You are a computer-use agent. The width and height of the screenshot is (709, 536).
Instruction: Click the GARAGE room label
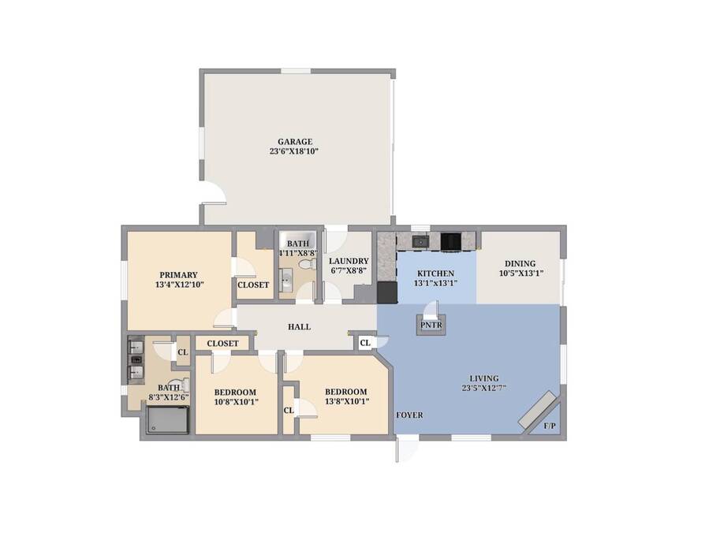[x=295, y=141]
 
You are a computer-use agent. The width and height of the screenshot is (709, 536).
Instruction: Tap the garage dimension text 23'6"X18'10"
[x=294, y=151]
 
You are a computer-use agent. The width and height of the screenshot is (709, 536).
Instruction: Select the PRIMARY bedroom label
[x=178, y=275]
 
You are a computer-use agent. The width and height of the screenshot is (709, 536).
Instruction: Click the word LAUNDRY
[x=349, y=261]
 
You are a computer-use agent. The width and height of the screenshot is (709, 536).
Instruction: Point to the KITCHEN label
[x=435, y=274]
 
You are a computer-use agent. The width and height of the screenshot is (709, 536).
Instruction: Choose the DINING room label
[x=520, y=263]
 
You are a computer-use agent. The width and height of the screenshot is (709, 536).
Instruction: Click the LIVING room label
[x=483, y=378]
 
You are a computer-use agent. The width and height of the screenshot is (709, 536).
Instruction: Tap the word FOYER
[x=409, y=415]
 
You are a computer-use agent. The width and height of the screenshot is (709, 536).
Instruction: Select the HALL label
[x=300, y=327]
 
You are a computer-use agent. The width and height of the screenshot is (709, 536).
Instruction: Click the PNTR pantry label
[x=431, y=325]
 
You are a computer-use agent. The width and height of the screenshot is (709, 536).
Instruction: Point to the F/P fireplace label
[x=550, y=426]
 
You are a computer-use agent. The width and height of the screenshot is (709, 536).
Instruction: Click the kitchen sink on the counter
[x=420, y=241]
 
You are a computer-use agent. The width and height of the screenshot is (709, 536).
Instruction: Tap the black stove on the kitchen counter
[x=450, y=241]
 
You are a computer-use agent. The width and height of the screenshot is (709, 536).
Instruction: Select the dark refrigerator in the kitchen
[x=387, y=292]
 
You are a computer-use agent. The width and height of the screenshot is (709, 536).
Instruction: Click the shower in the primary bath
[x=167, y=420]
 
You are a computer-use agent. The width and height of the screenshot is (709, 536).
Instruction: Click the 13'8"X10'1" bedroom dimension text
[x=346, y=401]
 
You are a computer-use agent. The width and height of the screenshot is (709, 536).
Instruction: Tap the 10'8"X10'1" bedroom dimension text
[x=235, y=402]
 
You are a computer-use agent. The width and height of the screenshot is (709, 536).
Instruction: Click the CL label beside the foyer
[x=365, y=343]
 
